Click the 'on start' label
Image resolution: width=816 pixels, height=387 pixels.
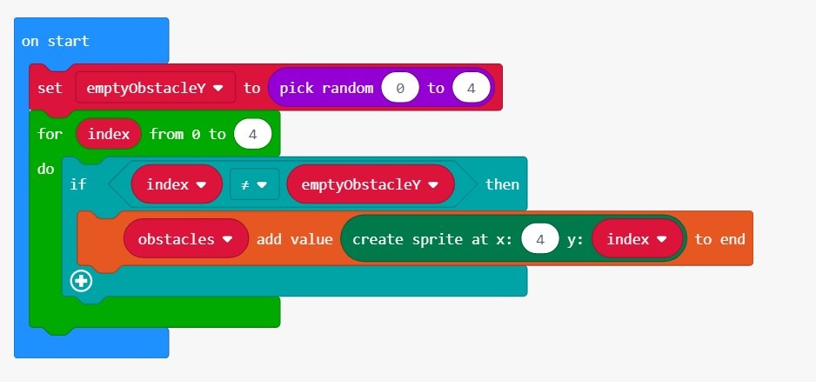pos(55,41)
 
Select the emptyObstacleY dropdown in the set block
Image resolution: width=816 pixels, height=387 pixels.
pos(155,87)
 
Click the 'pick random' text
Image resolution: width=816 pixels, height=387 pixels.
pos(326,88)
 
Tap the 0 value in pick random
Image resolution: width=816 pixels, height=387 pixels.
pos(399,88)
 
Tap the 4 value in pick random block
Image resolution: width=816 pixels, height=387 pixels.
pos(471,88)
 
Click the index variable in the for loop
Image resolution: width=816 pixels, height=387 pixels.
pos(109,134)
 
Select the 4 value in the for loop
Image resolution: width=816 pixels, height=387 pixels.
pos(253,134)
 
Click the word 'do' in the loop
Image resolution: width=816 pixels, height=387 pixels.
pos(46,169)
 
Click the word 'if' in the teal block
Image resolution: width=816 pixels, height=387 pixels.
pos(78,184)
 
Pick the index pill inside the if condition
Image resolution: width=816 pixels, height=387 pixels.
pos(177,184)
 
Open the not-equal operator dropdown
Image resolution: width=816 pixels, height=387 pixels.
pos(255,184)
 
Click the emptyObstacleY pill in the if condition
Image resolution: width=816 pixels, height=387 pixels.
pos(371,184)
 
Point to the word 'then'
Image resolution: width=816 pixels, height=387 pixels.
pos(502,184)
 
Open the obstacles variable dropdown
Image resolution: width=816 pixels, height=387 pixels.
pos(186,239)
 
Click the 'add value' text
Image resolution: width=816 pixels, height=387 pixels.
pos(294,239)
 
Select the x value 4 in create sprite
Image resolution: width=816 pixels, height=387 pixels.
pos(540,239)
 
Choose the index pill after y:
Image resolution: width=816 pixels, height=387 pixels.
pos(637,239)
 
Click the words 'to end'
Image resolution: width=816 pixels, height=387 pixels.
pos(719,239)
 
